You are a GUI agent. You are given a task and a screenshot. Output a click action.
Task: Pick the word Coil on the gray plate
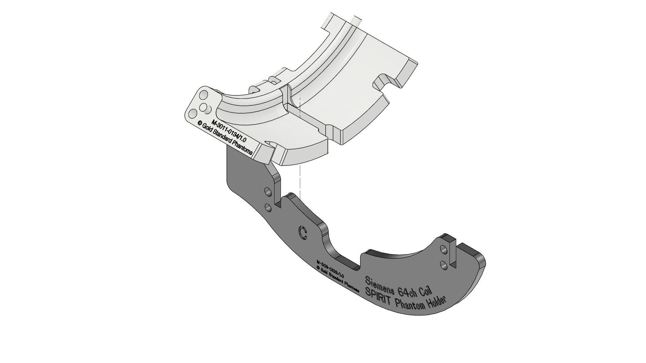tap(425, 291)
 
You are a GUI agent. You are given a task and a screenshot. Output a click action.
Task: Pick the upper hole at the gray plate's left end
tap(268, 192)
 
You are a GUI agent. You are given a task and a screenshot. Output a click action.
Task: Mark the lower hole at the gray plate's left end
tap(268, 208)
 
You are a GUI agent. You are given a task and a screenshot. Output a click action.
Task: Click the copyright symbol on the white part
tap(200, 124)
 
